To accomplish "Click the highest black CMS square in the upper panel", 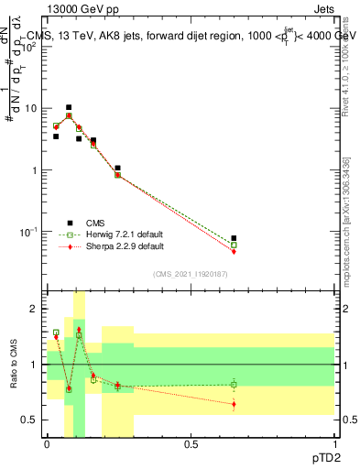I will point(69,107).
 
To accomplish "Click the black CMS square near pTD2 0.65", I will point(234,238).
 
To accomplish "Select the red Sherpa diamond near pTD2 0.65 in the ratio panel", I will point(234,404).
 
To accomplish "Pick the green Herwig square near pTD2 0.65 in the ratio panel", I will point(234,385).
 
